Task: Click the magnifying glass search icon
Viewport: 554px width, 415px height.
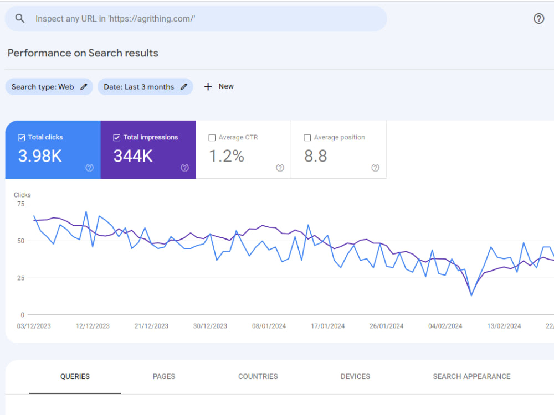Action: tap(20, 18)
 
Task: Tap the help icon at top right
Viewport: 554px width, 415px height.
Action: tap(538, 18)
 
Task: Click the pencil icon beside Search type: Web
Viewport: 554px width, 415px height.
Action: tap(84, 87)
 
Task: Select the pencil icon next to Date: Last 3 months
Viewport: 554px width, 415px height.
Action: tap(184, 87)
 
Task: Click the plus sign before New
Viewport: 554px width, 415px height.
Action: tap(208, 87)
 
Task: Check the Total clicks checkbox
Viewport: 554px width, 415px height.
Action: tap(22, 138)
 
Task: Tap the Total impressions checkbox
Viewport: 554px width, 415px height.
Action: tap(116, 138)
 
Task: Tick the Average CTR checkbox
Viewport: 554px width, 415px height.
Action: tap(212, 138)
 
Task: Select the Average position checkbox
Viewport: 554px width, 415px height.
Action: tap(307, 138)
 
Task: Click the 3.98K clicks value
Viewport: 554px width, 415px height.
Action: tap(40, 156)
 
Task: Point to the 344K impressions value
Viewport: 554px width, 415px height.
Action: tap(133, 156)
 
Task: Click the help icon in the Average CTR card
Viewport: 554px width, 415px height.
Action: tap(280, 168)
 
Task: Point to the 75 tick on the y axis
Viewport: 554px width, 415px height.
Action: tap(21, 204)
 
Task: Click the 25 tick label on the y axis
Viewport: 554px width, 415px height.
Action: tap(21, 278)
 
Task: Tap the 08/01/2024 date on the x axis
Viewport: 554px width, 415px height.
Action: tap(269, 326)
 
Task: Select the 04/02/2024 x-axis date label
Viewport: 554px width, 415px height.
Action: tap(445, 326)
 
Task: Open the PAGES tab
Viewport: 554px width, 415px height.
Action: tap(164, 376)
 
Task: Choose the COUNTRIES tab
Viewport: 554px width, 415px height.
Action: tap(258, 376)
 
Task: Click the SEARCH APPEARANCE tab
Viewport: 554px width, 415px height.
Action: tap(471, 376)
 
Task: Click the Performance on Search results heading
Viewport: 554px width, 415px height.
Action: tap(83, 53)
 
